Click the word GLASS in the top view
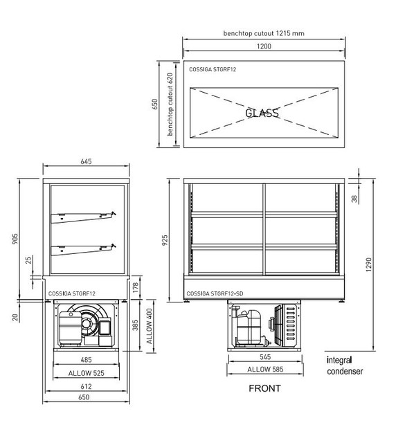(262, 113)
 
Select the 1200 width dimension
(264, 47)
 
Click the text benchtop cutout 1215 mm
(264, 33)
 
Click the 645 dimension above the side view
(87, 161)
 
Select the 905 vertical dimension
(14, 238)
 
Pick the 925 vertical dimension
(164, 240)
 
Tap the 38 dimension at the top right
(355, 199)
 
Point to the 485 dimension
(87, 361)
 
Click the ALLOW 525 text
(87, 374)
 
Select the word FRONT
(264, 388)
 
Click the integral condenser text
(345, 366)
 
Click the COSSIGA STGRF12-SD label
(214, 294)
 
